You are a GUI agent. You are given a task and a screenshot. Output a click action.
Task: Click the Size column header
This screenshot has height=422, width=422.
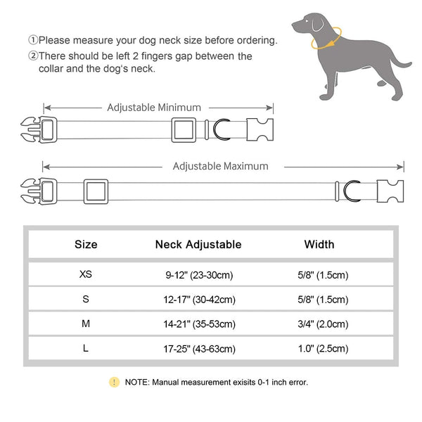coord(86,245)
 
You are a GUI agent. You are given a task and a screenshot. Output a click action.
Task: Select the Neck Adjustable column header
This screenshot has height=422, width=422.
coord(198,245)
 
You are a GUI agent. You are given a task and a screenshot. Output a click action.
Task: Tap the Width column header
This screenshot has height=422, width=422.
coord(319,245)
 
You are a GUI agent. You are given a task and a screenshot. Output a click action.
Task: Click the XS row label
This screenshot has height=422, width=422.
coord(86,274)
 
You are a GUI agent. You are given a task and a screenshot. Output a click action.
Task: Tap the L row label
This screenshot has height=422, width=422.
coord(86,348)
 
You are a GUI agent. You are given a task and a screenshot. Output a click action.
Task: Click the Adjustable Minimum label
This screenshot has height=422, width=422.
coord(154,108)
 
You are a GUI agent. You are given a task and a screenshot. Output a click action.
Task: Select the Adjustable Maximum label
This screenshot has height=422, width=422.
coord(220,167)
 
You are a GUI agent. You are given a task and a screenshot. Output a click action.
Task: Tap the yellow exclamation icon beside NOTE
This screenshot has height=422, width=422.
coord(114,382)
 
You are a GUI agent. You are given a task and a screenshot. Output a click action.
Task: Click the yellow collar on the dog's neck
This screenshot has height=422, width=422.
coord(331,35)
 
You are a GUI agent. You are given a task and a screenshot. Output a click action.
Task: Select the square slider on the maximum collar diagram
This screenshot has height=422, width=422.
coord(96,191)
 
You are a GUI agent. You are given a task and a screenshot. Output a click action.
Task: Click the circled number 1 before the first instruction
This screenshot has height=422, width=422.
coord(33,41)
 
